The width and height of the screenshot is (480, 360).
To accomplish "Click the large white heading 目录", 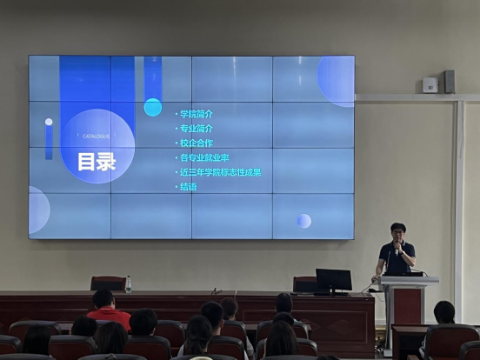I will coord(97,161).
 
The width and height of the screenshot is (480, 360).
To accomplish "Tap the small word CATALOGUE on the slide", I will coord(96,137).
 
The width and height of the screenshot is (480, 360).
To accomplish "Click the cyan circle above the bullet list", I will coord(153,107).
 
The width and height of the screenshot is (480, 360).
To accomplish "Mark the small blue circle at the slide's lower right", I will coord(303,221).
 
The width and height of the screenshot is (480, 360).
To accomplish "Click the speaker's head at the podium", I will coord(398,233).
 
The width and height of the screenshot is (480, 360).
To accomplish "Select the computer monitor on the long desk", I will coord(333,280).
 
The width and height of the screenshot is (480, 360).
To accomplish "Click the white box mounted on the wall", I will coord(430,84).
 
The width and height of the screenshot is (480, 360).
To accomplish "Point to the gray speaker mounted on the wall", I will coord(449,82).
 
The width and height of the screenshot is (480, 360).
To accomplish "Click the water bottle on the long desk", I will coord(128,284).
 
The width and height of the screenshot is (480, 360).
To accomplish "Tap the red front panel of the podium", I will coord(407,309).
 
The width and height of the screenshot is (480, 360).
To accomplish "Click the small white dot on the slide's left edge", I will coord(49,123).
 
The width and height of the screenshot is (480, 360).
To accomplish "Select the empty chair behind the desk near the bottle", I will coord(109,283).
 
